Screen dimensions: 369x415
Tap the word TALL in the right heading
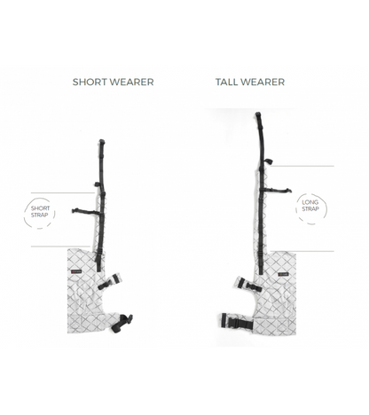pos(225,82)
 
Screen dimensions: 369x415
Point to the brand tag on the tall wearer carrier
pos(283,275)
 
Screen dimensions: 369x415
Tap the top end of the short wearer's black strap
pos(101,141)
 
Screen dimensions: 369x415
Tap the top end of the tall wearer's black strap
pos(258,114)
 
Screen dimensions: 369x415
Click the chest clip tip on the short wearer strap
pos(74,210)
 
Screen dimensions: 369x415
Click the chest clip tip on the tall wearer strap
pos(289,191)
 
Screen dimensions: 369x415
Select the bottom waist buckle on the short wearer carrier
pos(122,323)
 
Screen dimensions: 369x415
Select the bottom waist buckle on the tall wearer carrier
pos(237,321)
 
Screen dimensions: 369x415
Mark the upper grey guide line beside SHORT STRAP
pos(63,193)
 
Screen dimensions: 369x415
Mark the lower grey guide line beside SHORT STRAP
pos(60,247)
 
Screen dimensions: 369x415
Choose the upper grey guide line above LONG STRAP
pos(302,166)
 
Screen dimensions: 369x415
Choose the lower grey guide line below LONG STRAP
pos(302,251)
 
